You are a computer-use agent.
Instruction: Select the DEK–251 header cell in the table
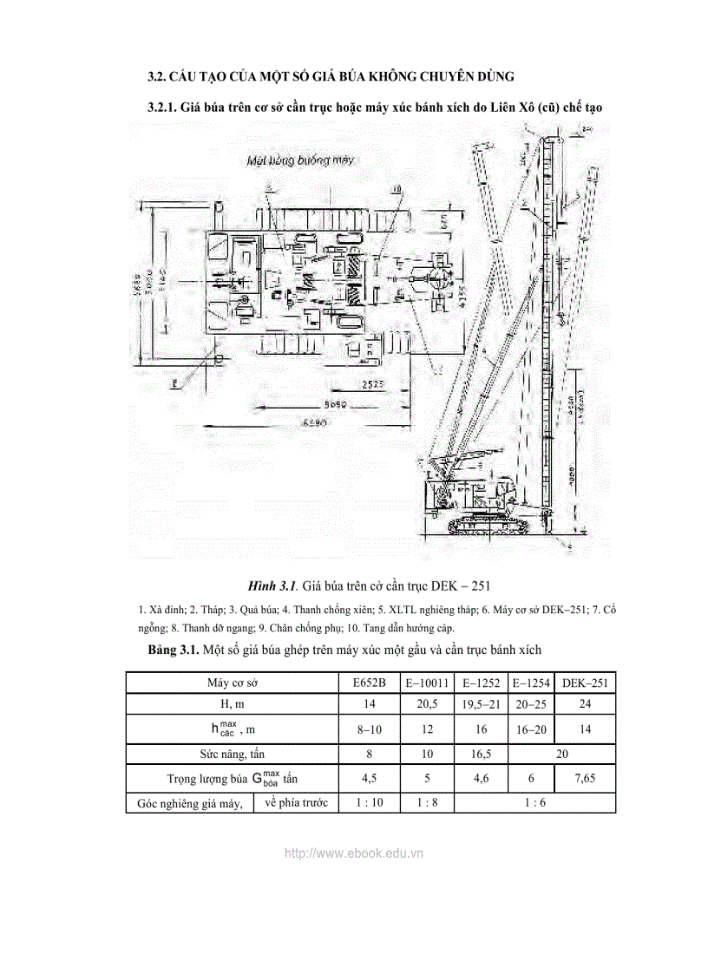pyautogui.click(x=585, y=683)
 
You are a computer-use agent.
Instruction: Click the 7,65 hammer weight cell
pyautogui.click(x=585, y=778)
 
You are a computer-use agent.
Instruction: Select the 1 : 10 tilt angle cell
pyautogui.click(x=370, y=802)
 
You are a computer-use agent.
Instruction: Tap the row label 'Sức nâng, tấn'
pyautogui.click(x=233, y=754)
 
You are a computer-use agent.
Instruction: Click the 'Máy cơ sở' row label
pyautogui.click(x=233, y=683)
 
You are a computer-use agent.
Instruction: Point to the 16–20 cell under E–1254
pyautogui.click(x=529, y=729)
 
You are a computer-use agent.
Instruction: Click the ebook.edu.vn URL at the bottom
pyautogui.click(x=354, y=853)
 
